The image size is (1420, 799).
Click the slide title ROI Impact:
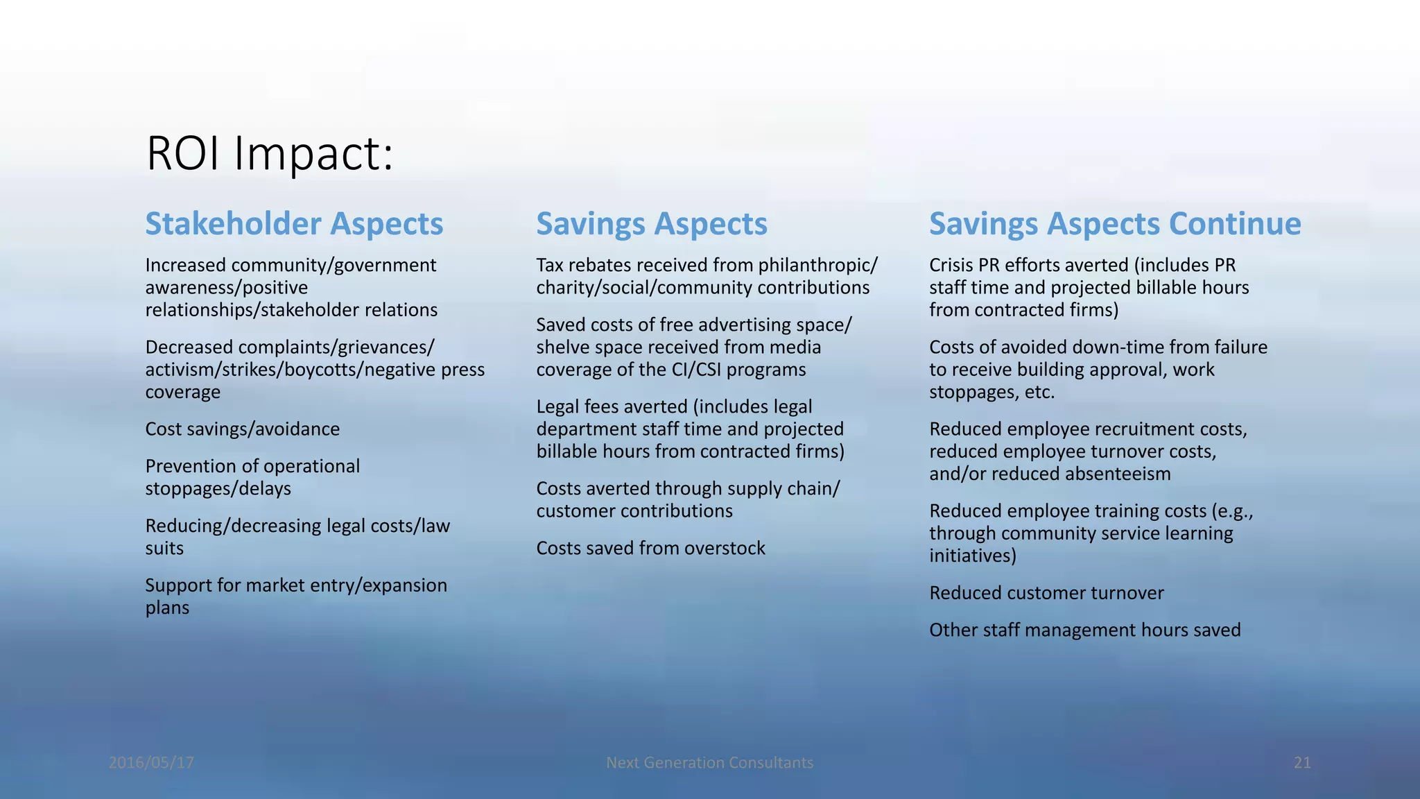pos(270,153)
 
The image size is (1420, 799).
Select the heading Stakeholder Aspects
pos(294,223)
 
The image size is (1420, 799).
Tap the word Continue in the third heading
pos(1235,223)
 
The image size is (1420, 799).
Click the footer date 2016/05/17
pos(151,763)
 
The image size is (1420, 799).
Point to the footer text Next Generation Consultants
pos(709,763)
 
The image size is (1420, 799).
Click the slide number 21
pos(1302,763)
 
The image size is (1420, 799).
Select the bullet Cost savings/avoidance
pos(242,429)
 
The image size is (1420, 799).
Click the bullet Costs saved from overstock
pos(650,548)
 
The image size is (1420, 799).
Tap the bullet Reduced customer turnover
pos(1046,593)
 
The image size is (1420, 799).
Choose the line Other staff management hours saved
pos(1084,630)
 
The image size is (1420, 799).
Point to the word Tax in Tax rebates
pos(549,265)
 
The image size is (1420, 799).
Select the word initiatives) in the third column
pos(972,556)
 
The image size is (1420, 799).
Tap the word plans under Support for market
pos(167,608)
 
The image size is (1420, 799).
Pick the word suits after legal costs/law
pos(164,549)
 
